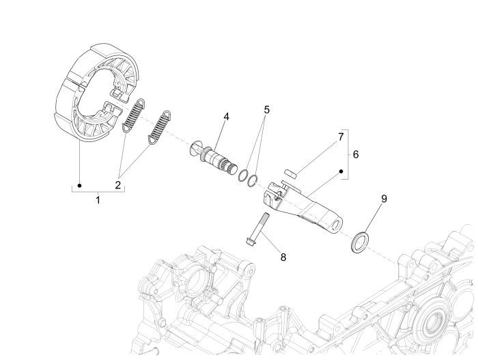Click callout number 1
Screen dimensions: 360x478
tap(98, 202)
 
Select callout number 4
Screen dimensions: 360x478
tap(225, 117)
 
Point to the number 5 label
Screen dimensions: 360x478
tap(267, 110)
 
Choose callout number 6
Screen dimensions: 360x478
tap(355, 154)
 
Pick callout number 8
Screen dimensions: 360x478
tap(282, 257)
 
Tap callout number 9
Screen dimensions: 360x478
tap(384, 199)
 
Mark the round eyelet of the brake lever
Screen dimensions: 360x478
tap(337, 223)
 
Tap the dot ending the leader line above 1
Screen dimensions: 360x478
tap(80, 184)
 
